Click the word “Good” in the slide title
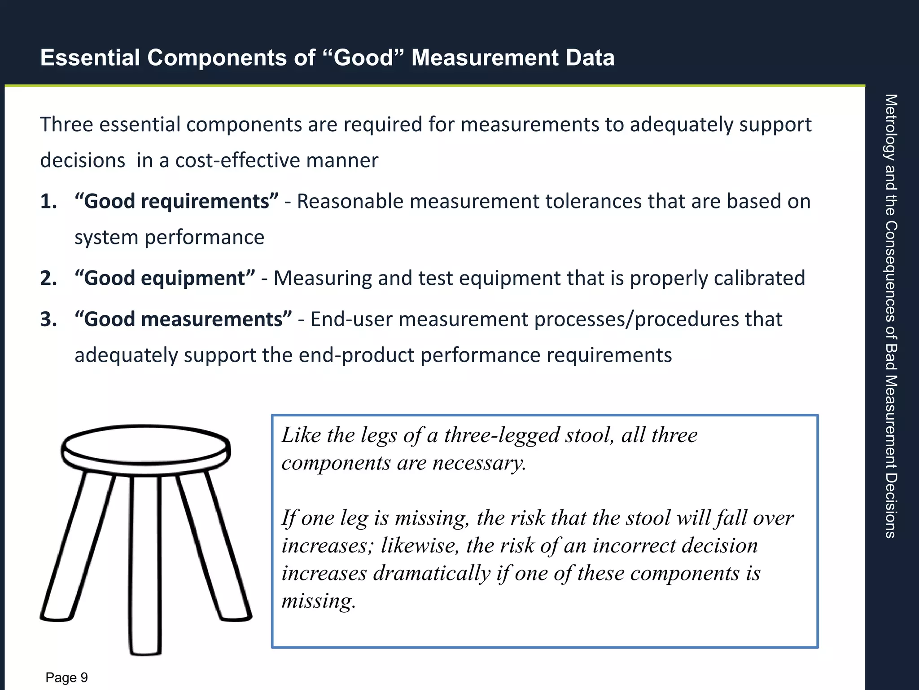point(363,58)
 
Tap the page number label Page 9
point(67,677)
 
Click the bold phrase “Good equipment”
point(165,278)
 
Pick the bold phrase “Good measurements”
point(184,319)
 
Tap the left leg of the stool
point(79,548)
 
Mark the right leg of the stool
point(213,548)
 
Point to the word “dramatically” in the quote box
point(432,573)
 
